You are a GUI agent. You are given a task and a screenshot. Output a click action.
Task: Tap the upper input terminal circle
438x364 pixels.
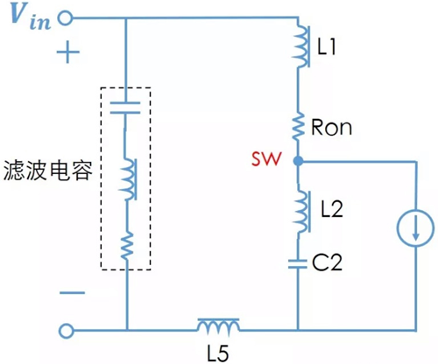(64, 17)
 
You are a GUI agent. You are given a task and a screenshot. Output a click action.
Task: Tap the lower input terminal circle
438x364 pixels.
(64, 332)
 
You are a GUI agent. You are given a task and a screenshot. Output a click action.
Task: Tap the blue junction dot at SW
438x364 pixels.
(298, 162)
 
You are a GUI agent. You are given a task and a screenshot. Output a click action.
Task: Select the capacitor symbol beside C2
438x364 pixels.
(298, 262)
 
